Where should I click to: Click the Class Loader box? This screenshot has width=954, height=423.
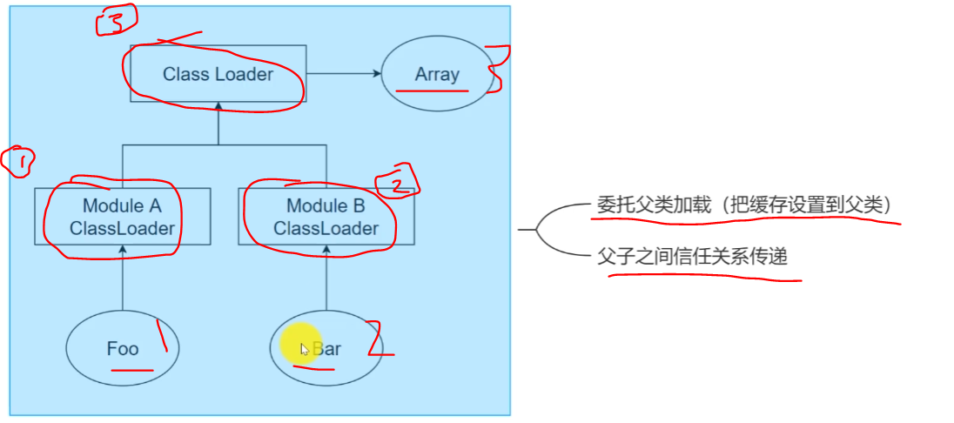tap(218, 74)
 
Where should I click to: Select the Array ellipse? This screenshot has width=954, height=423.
tap(436, 74)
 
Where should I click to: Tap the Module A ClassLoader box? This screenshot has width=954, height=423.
tap(122, 217)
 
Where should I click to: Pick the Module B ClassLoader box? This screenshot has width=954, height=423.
tap(326, 217)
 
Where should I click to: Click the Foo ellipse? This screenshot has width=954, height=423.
tap(123, 349)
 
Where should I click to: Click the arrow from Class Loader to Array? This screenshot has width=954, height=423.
tap(343, 74)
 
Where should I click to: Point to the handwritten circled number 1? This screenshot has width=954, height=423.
tap(17, 162)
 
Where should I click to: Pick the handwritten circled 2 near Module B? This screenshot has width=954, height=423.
tap(398, 181)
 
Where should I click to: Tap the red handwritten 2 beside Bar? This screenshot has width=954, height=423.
tap(376, 340)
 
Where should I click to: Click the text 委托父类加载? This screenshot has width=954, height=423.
tap(641, 205)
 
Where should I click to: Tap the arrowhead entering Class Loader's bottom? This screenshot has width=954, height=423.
tap(218, 106)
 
